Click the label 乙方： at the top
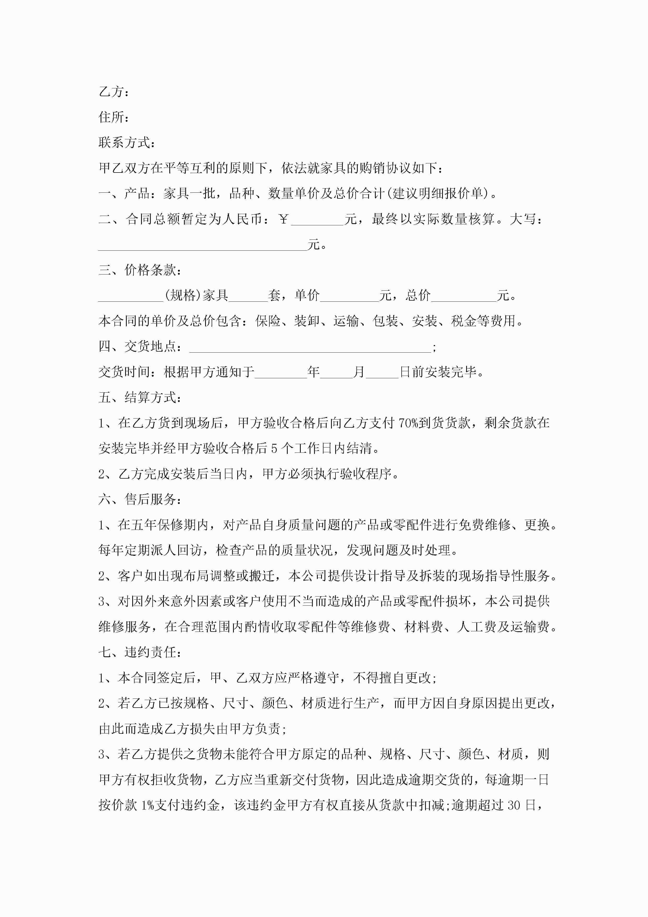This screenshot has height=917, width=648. tap(114, 92)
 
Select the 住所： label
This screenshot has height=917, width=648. tap(114, 117)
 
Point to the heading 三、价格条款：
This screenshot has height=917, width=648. tap(140, 270)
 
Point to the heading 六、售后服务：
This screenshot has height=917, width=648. tap(140, 499)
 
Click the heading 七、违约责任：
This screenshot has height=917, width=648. tap(140, 653)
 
